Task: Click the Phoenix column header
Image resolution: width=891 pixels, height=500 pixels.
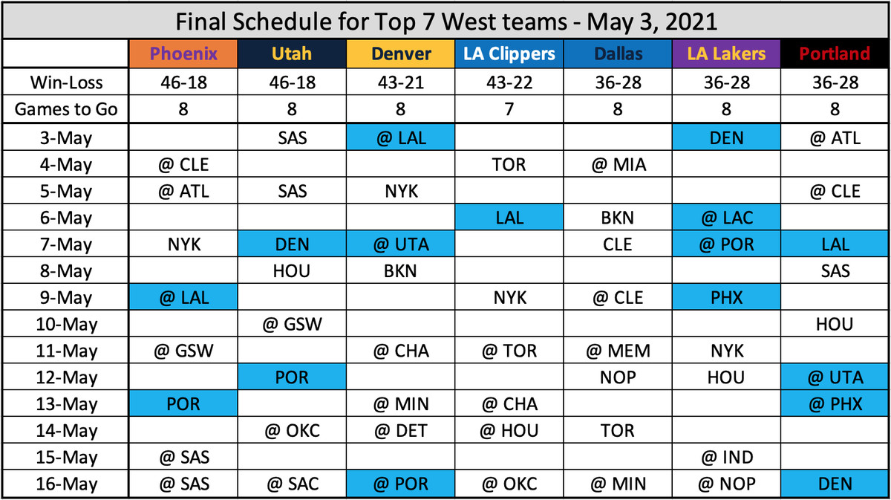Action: (183, 53)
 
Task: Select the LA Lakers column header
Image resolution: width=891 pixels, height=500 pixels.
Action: (726, 53)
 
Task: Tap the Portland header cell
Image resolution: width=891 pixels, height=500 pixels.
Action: (835, 53)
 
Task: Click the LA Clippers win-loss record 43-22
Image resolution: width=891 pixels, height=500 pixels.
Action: (509, 82)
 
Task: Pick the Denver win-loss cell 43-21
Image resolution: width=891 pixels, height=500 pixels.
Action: (400, 82)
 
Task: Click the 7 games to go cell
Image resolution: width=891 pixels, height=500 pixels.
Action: (509, 108)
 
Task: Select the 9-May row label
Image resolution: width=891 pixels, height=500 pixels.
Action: (66, 297)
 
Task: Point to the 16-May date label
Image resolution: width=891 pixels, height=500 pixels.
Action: (66, 484)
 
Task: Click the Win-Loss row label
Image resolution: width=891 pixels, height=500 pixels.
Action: (66, 82)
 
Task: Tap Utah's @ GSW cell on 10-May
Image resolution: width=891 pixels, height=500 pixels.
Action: (292, 324)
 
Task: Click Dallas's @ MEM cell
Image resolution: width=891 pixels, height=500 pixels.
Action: (618, 351)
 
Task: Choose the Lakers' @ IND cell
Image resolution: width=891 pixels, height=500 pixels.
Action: (726, 457)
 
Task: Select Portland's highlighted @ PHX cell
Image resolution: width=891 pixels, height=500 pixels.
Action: (835, 403)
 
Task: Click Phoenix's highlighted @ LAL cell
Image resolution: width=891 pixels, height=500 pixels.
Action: (183, 297)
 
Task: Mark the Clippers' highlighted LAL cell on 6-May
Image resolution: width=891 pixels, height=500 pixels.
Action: (509, 218)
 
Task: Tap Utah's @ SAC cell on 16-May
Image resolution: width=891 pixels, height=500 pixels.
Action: (292, 484)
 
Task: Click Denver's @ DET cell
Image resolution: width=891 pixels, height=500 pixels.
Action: (400, 430)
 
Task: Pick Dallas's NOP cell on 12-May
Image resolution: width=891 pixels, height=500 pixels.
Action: (618, 377)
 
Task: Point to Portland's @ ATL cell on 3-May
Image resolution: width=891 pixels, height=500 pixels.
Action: (835, 137)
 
